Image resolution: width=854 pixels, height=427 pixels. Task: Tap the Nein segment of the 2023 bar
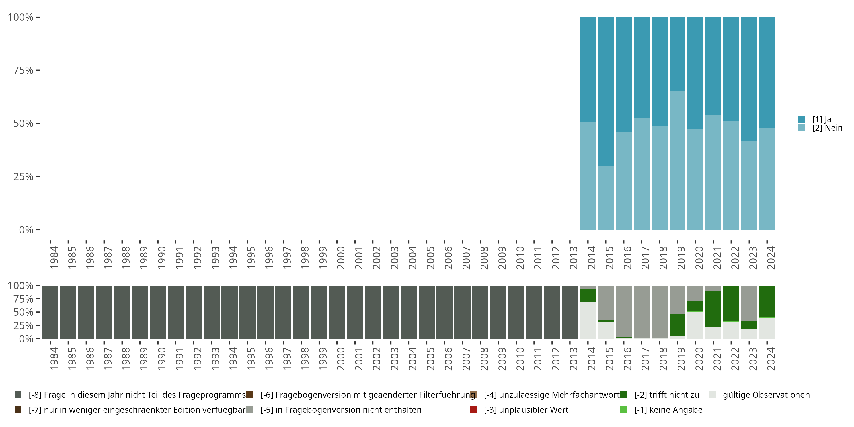749,185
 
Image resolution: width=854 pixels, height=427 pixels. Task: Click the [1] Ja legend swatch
802,119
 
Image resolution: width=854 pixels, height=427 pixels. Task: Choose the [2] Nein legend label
827,128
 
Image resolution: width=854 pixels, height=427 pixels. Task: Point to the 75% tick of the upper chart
38,70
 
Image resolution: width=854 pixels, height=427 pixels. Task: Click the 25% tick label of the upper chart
23,177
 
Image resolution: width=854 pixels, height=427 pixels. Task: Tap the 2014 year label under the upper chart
592,258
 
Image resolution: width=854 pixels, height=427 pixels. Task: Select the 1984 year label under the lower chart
54,359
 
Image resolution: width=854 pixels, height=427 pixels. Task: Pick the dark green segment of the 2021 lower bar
713,309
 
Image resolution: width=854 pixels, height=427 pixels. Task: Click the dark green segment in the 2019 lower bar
677,325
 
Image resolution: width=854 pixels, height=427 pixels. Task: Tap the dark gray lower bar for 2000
337,312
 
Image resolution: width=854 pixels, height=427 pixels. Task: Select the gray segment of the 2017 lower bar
641,312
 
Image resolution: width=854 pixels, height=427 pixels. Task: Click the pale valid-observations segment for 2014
588,320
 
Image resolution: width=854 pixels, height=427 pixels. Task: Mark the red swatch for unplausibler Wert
473,410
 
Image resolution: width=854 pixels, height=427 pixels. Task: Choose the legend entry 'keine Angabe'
668,410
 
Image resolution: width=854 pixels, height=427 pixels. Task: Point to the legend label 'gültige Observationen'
766,395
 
